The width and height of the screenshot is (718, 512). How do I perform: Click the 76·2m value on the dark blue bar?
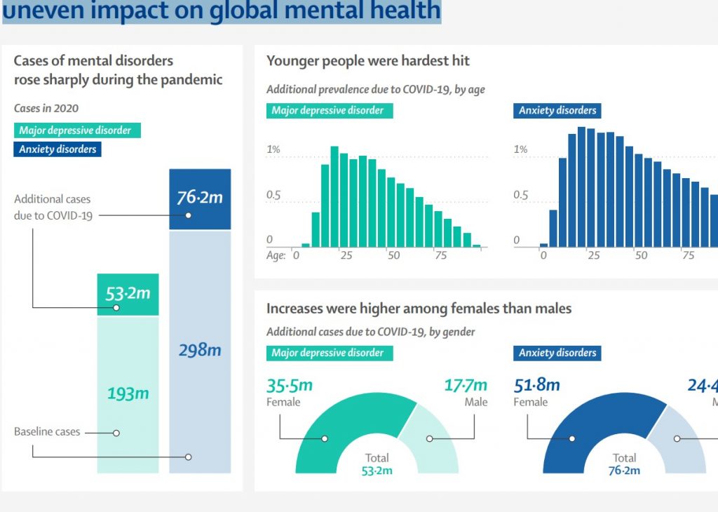[x=200, y=198]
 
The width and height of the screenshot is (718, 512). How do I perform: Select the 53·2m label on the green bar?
[x=128, y=292]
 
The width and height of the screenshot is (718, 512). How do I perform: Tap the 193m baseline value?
[x=128, y=393]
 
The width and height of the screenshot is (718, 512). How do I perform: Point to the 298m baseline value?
[x=200, y=349]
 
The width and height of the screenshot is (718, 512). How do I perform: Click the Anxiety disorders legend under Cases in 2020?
[x=57, y=149]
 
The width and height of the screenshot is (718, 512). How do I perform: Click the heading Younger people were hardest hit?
[x=368, y=61]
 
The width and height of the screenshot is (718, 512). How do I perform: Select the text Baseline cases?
[x=47, y=432]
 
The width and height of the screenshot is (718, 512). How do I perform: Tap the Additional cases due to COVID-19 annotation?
[x=53, y=208]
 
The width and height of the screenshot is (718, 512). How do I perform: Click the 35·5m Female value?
[x=290, y=385]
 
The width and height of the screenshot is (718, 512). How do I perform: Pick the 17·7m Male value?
[x=466, y=385]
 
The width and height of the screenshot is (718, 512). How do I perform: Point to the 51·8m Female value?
[x=537, y=385]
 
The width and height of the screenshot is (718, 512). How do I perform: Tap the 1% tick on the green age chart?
[x=273, y=149]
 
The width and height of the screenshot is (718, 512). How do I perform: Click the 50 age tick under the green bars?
[x=393, y=255]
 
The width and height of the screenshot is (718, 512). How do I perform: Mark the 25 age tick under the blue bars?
[x=594, y=255]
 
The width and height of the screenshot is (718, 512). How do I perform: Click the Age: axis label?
[x=276, y=255]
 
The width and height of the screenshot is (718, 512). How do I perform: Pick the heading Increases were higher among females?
[x=419, y=309]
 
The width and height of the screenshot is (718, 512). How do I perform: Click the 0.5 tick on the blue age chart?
[x=521, y=195]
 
